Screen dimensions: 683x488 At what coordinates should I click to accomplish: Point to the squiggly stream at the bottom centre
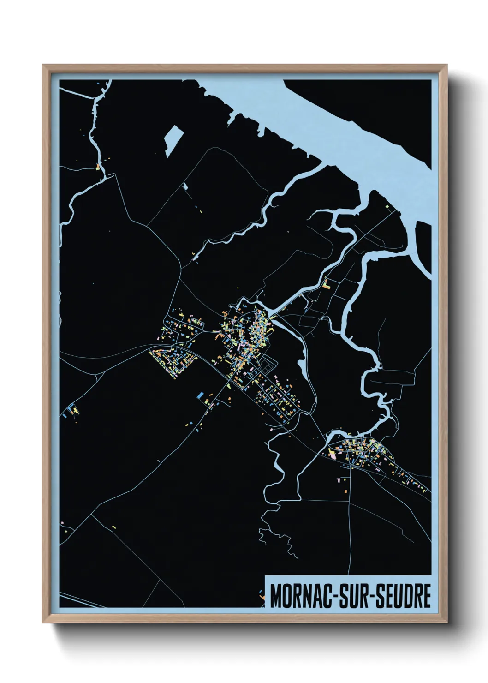[x=277, y=540]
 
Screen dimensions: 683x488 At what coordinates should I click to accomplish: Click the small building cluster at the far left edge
[x=71, y=411]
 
